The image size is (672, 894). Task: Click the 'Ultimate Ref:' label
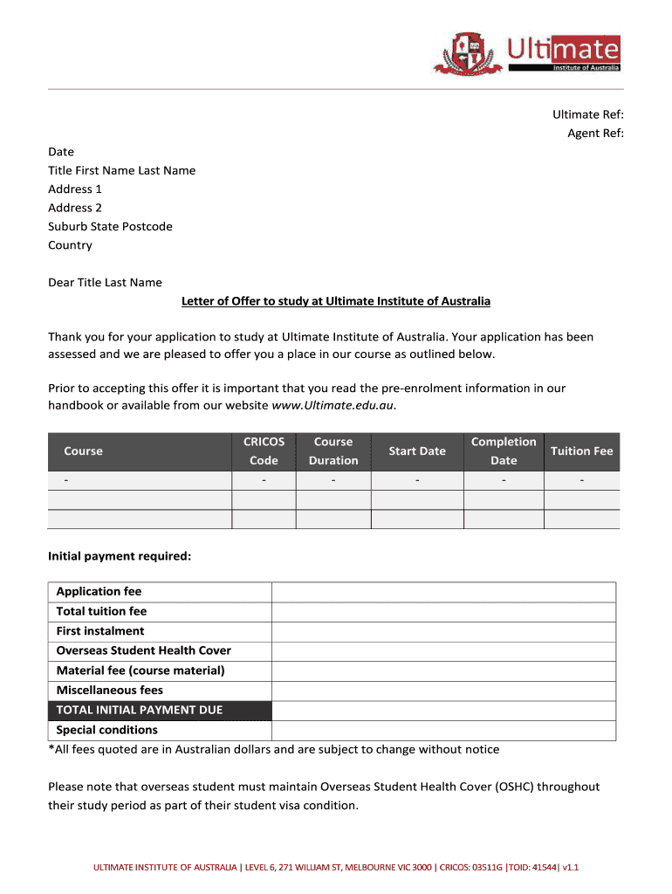(587, 114)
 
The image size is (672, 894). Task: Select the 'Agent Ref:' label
(595, 133)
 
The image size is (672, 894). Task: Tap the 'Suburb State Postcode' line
(110, 226)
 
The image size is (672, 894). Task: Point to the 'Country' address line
(70, 245)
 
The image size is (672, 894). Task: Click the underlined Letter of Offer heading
(336, 301)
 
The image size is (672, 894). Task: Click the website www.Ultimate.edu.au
(333, 405)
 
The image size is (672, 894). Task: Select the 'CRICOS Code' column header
(264, 451)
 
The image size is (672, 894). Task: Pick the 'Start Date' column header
(417, 451)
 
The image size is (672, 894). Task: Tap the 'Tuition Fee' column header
(581, 451)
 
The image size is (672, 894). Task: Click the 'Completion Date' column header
(504, 451)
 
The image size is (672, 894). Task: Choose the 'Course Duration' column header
(333, 451)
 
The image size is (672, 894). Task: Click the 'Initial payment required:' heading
(120, 555)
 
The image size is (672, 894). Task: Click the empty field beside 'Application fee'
(443, 592)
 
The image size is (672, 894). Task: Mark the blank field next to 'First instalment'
(443, 631)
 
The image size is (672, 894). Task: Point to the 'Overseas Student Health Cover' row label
(144, 650)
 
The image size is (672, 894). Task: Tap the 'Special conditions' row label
(107, 730)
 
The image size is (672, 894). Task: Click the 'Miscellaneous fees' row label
(110, 691)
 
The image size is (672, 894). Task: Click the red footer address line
(336, 868)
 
